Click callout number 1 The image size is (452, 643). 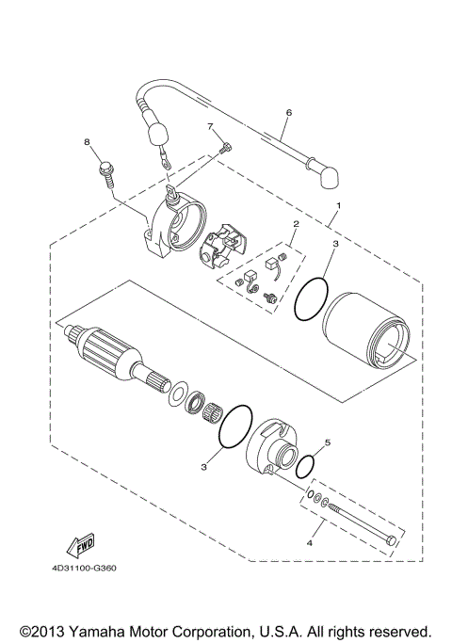click(339, 205)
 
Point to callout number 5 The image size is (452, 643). click(328, 441)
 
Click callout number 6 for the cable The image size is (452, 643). click(289, 113)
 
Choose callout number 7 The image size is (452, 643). click(212, 126)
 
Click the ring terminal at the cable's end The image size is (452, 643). click(165, 162)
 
